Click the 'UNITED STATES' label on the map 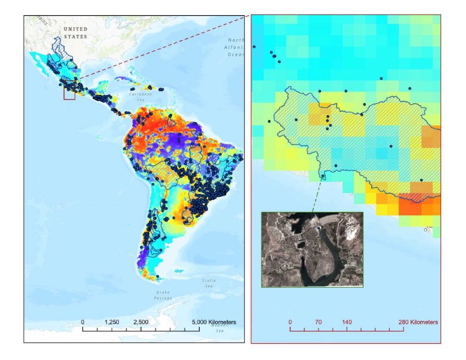point(75,33)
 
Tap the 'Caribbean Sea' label point(140,96)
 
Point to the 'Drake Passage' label point(163,295)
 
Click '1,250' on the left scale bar point(112,322)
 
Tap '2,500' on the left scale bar point(141,322)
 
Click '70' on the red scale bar point(318,322)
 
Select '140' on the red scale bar point(347,322)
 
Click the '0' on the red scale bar point(290,322)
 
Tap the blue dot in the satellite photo point(318,229)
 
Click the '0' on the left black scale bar point(83,322)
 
